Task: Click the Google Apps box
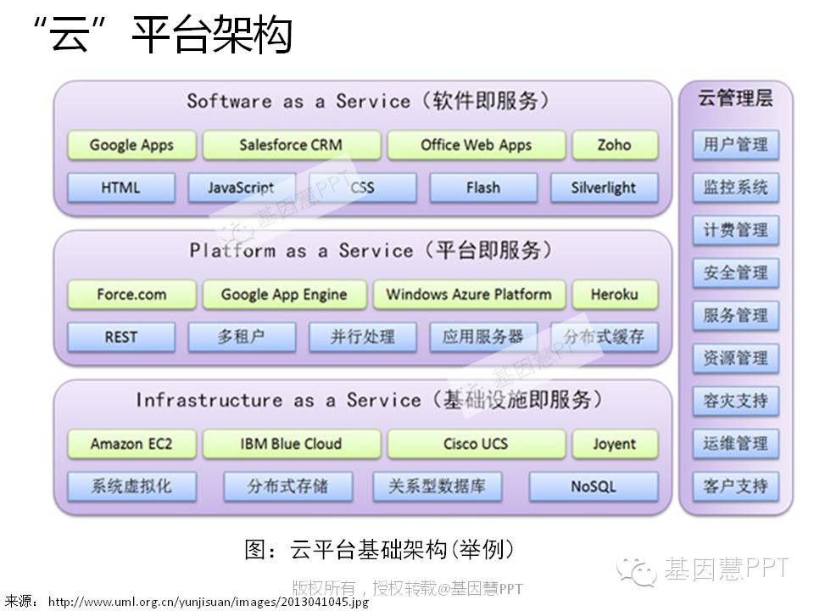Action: [131, 145]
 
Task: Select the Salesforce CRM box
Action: [291, 145]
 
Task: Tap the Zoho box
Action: [614, 145]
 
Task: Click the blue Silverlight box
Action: [604, 188]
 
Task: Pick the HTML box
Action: [120, 188]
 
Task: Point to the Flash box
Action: [482, 188]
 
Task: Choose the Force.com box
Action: [131, 294]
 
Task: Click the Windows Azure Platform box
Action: [468, 294]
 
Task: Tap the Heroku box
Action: [614, 294]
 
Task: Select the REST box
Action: [120, 337]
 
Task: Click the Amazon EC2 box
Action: [131, 444]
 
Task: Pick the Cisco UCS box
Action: [476, 444]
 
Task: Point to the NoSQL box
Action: [594, 487]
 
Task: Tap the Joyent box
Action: [614, 444]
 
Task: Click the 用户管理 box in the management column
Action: [735, 144]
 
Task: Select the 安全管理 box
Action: [735, 272]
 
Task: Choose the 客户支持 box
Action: [735, 486]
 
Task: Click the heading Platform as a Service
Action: [371, 250]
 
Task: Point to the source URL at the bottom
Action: [208, 602]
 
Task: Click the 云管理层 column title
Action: [735, 99]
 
